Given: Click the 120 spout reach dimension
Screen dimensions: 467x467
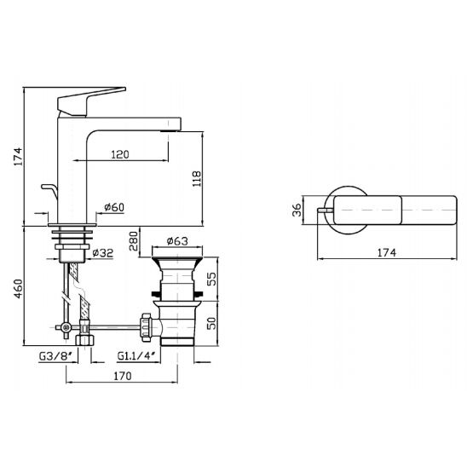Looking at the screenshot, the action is coord(120,154).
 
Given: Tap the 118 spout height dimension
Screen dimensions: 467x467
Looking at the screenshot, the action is coord(197,179).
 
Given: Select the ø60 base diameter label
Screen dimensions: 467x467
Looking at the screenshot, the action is coord(114,207).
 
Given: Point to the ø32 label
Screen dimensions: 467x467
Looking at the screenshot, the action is coord(103,253).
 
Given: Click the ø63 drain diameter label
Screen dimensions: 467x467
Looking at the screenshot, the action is coord(177,240).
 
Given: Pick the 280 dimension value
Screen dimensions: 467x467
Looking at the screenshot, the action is coord(134,241).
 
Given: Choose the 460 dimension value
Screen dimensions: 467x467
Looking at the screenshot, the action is coord(19,289).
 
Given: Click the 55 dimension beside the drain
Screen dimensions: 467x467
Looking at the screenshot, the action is coord(211,280).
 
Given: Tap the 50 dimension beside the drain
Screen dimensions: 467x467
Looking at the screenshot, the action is coord(211,323).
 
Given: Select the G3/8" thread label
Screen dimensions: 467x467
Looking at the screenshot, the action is coord(56,356).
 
